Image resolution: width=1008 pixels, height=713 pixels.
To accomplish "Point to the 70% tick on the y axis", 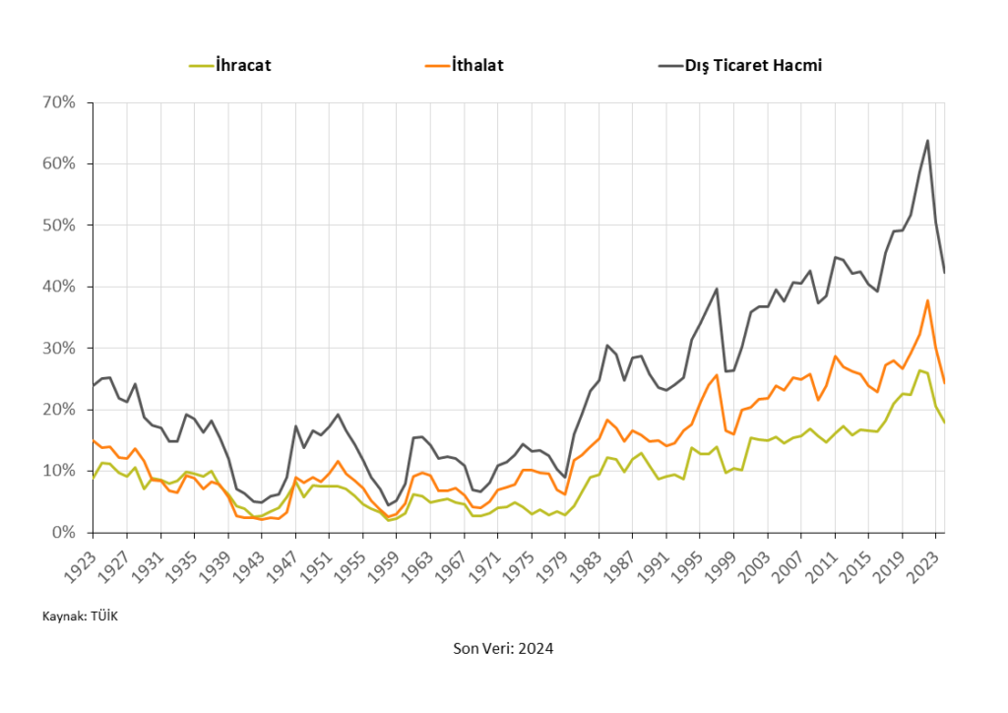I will (x=58, y=102).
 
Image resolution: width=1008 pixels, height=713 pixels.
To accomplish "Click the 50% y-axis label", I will (x=58, y=226).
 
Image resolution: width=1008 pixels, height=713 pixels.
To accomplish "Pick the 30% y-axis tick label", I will (x=58, y=349).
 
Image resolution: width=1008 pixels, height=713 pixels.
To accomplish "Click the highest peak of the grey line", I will (x=927, y=140).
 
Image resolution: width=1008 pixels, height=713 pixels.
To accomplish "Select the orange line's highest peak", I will (x=927, y=300).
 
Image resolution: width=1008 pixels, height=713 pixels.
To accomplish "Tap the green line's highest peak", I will (x=918, y=370).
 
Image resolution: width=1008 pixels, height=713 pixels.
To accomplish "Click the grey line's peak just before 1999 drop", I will (x=717, y=289).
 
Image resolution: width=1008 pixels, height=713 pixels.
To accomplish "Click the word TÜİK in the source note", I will (x=103, y=616).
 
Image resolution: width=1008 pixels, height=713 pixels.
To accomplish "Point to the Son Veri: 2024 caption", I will (x=503, y=648).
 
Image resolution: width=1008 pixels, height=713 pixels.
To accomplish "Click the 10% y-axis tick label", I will (x=58, y=472).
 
